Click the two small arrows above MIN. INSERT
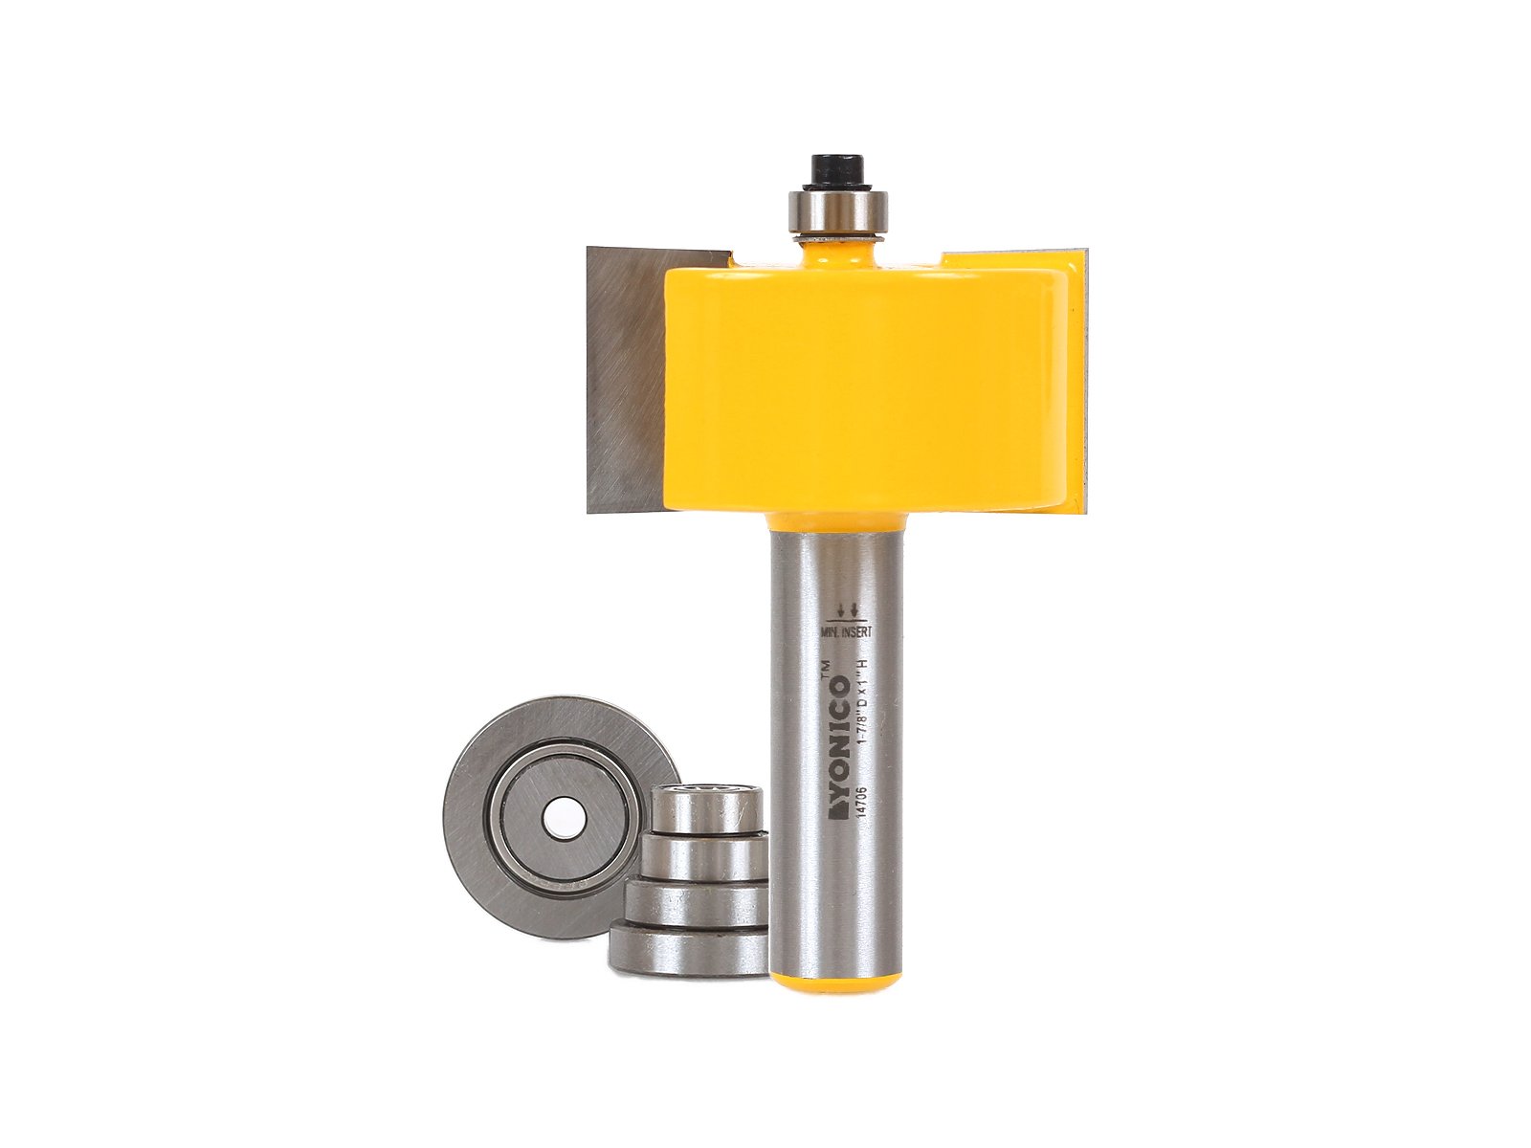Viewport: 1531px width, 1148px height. (x=847, y=608)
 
